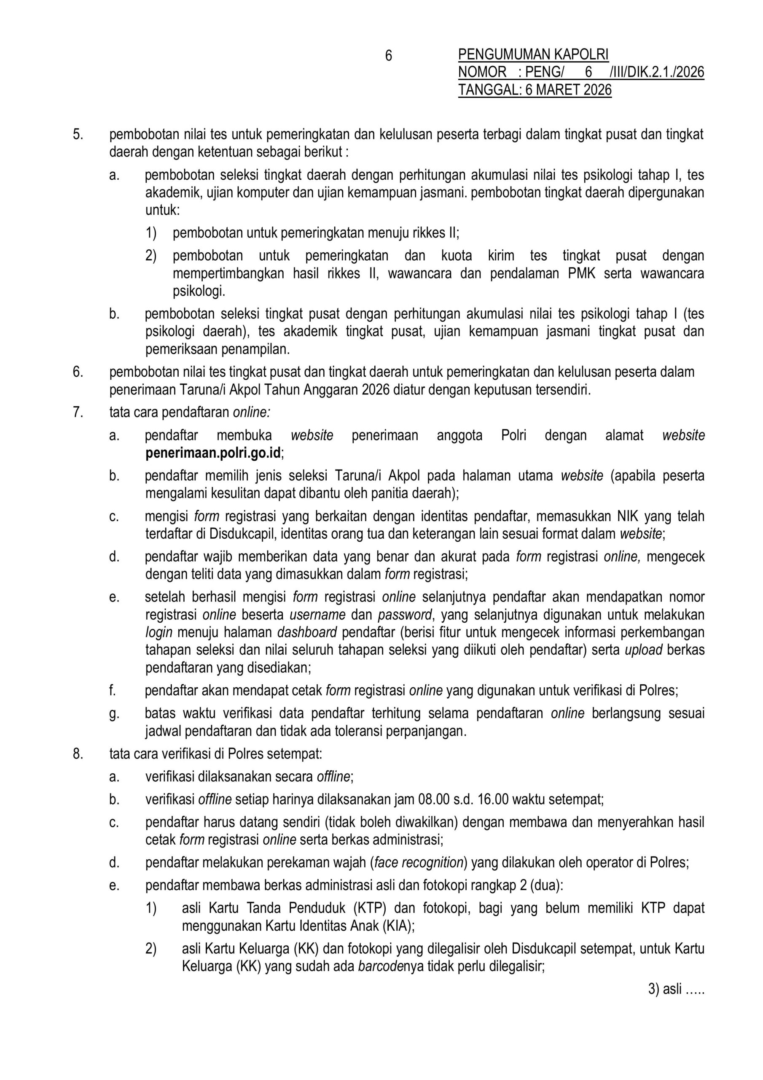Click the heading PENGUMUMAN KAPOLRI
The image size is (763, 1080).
tap(533, 55)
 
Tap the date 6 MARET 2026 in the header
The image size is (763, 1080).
tap(568, 90)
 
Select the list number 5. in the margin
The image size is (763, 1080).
tap(78, 135)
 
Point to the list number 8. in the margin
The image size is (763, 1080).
tap(78, 753)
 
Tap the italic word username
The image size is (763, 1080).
tap(317, 615)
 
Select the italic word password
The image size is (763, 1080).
tap(405, 615)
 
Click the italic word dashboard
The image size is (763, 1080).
tap(307, 632)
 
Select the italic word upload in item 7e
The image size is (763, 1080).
tap(644, 650)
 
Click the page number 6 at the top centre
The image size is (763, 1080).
tap(388, 56)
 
